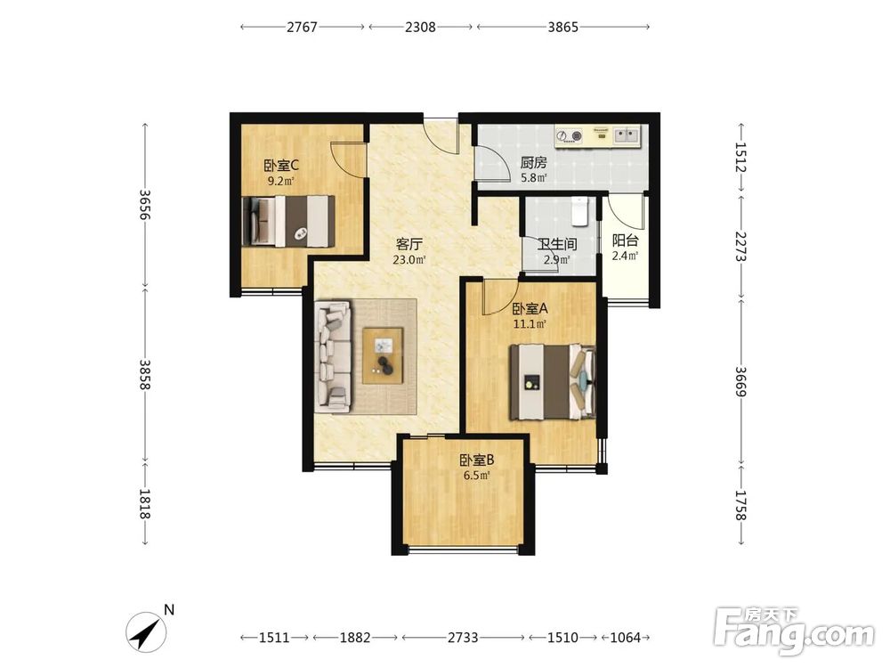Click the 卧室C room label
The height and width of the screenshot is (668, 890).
tap(281, 166)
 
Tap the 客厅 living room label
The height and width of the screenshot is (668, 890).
tap(409, 245)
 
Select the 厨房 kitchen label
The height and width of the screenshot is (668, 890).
tap(533, 163)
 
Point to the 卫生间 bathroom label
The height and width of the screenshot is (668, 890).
tap(557, 245)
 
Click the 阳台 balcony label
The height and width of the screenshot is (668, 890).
tap(625, 240)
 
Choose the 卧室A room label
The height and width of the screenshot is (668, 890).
tap(530, 310)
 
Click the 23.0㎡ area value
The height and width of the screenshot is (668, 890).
tap(409, 260)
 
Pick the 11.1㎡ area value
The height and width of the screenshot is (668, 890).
tap(530, 324)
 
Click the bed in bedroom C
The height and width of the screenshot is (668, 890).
tap(287, 221)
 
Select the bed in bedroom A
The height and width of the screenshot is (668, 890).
tap(553, 382)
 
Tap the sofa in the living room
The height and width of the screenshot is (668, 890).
tap(333, 355)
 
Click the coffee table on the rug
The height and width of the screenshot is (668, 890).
tap(384, 355)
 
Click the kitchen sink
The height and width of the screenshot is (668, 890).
tap(627, 135)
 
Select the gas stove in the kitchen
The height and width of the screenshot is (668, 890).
tap(570, 136)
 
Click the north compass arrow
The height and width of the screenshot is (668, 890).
tap(146, 631)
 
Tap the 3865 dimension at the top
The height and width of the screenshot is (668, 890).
tap(563, 27)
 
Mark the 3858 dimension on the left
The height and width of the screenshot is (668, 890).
tap(145, 375)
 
